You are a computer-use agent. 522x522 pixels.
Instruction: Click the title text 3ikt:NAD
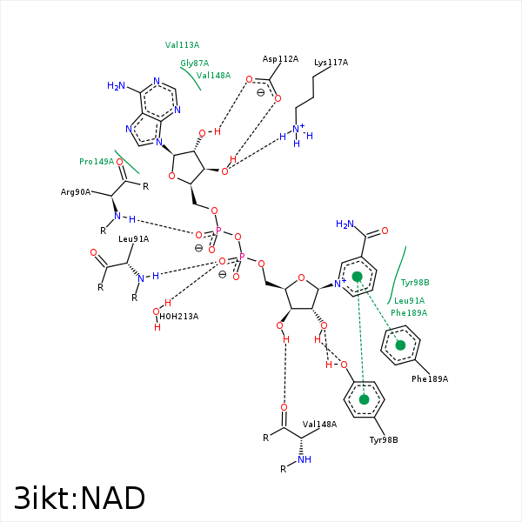pos(80,498)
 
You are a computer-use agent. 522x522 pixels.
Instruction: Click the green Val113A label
pos(182,44)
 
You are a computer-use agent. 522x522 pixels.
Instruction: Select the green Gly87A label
pos(194,64)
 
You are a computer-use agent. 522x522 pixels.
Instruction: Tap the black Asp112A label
pos(280,59)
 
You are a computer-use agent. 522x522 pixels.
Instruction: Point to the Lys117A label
pos(331,63)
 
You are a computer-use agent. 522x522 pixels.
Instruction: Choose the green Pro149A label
pos(97,162)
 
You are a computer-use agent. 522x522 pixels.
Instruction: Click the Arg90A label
pos(76,191)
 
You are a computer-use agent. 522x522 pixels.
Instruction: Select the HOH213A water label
pos(178,316)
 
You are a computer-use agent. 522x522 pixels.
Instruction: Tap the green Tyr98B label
pos(415,283)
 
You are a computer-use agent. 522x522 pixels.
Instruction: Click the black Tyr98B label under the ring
pos(384,439)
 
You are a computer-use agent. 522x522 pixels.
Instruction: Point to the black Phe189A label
pos(430,378)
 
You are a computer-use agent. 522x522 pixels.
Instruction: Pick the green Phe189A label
pos(409,312)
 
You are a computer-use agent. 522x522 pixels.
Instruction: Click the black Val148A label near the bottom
pos(319,424)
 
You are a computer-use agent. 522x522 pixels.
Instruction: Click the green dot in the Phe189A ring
pos(400,345)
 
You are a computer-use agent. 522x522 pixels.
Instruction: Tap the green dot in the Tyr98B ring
pos(365,399)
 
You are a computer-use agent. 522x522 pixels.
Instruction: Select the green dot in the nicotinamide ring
pos(357,277)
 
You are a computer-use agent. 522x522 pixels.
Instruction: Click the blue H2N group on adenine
pos(116,86)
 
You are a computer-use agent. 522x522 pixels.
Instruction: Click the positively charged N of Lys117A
pos(298,131)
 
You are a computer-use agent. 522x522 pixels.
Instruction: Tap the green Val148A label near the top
pos(213,76)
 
